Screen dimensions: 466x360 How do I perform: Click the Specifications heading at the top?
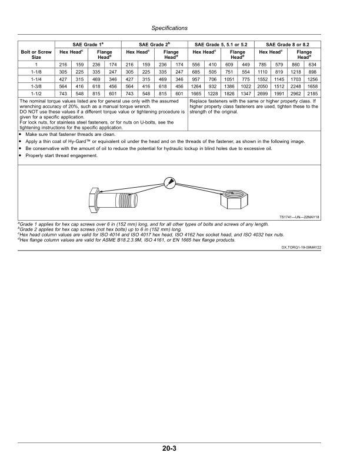point(169,28)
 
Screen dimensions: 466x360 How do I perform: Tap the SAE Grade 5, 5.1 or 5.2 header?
point(221,45)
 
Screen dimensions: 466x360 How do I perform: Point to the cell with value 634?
point(312,63)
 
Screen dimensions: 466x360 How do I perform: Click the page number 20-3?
point(170,449)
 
